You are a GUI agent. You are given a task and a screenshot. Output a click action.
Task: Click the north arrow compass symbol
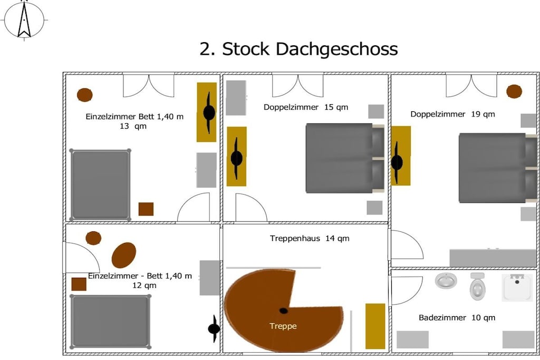tap(24, 20)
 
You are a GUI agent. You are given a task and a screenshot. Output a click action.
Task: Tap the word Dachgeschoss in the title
tap(336, 49)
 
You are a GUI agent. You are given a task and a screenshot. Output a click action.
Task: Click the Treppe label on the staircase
tap(283, 326)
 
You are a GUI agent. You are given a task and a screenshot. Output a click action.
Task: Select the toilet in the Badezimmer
tap(477, 286)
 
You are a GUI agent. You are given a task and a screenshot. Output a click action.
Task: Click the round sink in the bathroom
tap(446, 280)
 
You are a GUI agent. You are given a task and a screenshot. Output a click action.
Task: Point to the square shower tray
tap(517, 287)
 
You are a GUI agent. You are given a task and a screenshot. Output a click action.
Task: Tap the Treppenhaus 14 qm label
tap(309, 238)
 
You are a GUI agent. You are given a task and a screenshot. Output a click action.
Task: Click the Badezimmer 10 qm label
tap(457, 318)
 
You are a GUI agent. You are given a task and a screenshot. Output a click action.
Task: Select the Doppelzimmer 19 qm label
tap(452, 114)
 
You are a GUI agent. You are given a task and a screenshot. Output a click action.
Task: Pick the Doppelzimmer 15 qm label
tap(306, 107)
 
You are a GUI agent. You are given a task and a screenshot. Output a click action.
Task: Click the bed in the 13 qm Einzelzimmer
tap(100, 185)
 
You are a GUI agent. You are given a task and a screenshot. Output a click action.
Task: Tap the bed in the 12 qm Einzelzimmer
tap(110, 322)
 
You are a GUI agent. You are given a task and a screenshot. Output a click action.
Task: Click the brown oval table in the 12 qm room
tap(123, 255)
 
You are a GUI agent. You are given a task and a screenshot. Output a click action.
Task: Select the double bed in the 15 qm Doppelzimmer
tap(345, 158)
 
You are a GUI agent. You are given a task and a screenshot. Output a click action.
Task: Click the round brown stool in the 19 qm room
tap(514, 92)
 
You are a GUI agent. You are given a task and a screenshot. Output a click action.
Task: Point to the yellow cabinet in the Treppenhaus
tap(375, 326)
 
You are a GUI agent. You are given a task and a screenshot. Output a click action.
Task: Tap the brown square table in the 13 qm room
tap(146, 209)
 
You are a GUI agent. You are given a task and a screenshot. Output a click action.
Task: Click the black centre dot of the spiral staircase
tap(283, 311)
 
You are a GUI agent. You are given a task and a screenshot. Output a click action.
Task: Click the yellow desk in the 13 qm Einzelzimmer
tap(207, 112)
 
